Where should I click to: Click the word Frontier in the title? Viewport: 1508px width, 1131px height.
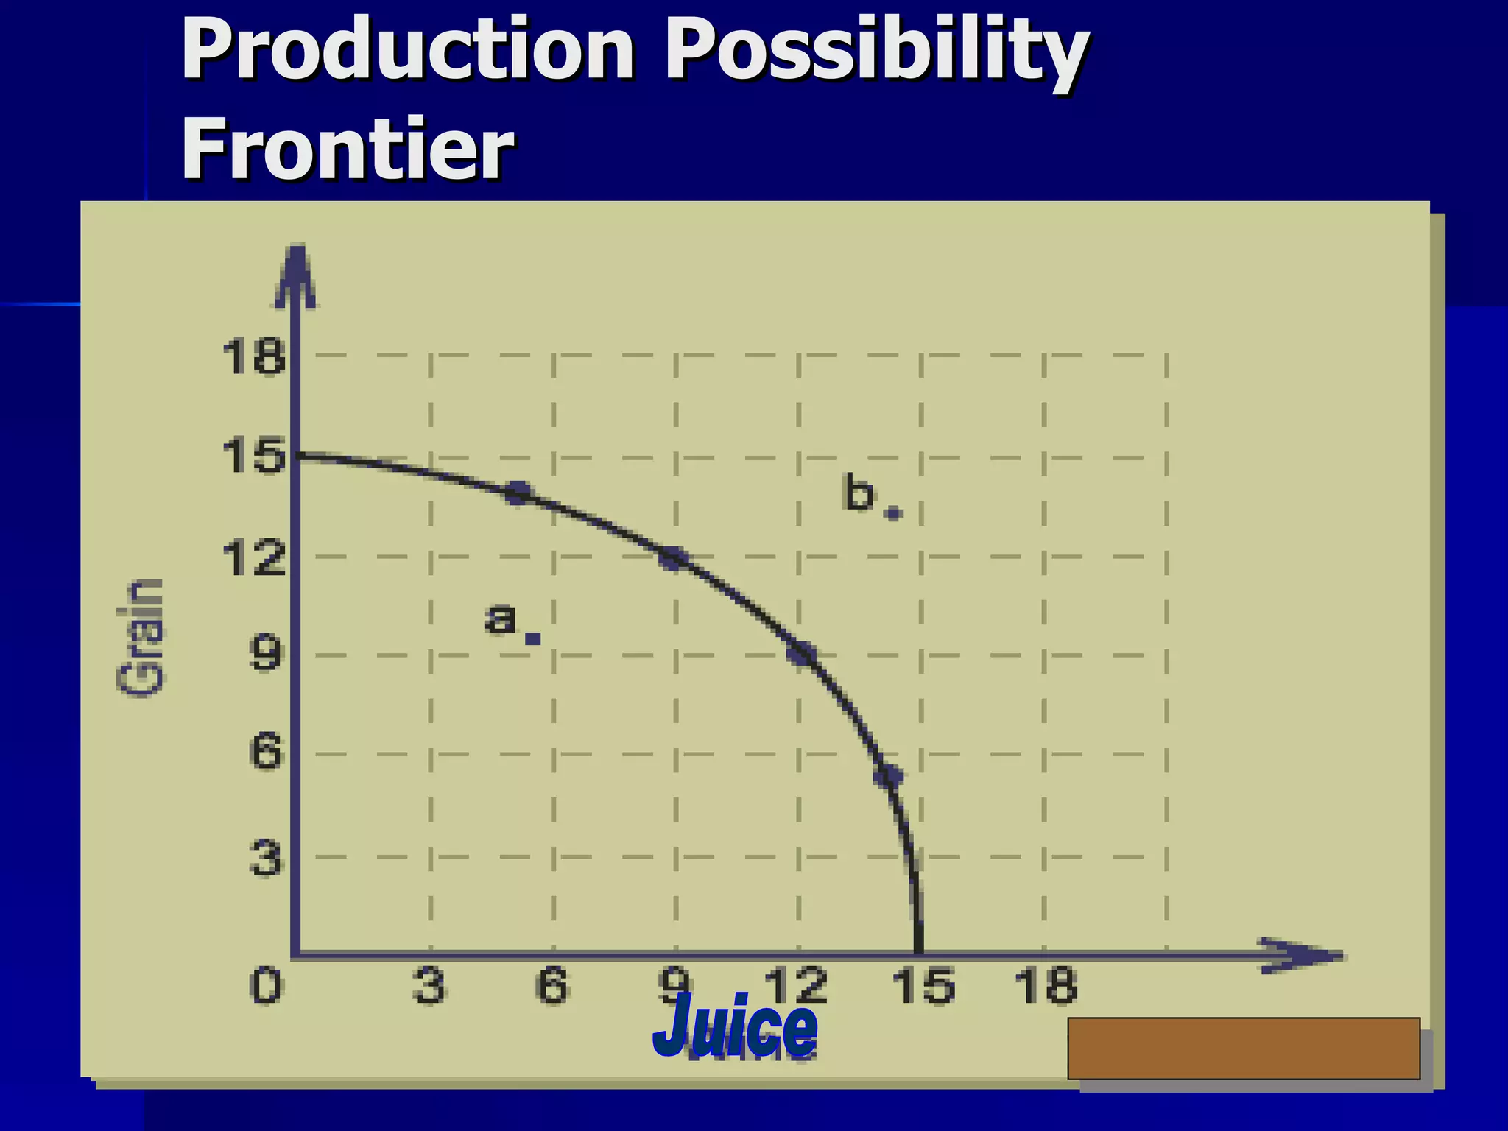click(x=347, y=149)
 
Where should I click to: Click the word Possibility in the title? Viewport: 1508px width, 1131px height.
click(x=876, y=50)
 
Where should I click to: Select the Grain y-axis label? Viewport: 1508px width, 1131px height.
click(x=140, y=638)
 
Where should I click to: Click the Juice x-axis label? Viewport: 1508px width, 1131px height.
click(x=735, y=1026)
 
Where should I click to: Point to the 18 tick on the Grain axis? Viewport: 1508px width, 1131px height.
click(x=253, y=357)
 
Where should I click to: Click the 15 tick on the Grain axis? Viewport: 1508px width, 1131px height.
click(x=253, y=456)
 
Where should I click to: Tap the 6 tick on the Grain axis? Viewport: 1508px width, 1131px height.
click(x=265, y=753)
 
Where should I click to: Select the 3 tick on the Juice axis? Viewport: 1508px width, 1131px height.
click(x=429, y=986)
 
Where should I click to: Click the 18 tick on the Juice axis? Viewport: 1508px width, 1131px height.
click(x=1046, y=986)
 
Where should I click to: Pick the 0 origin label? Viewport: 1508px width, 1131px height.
click(x=265, y=986)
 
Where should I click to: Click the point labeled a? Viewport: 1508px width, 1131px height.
click(x=533, y=638)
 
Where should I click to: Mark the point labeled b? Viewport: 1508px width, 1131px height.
click(x=893, y=513)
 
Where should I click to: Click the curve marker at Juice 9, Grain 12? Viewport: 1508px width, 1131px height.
click(x=673, y=559)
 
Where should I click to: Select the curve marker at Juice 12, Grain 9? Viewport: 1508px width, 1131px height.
click(x=801, y=654)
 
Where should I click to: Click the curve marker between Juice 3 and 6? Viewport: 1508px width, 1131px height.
click(x=519, y=493)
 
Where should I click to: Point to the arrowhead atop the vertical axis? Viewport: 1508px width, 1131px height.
click(x=295, y=276)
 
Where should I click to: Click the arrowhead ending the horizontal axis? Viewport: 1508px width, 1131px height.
click(x=1303, y=956)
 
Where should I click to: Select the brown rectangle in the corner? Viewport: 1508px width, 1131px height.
click(x=1243, y=1048)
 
